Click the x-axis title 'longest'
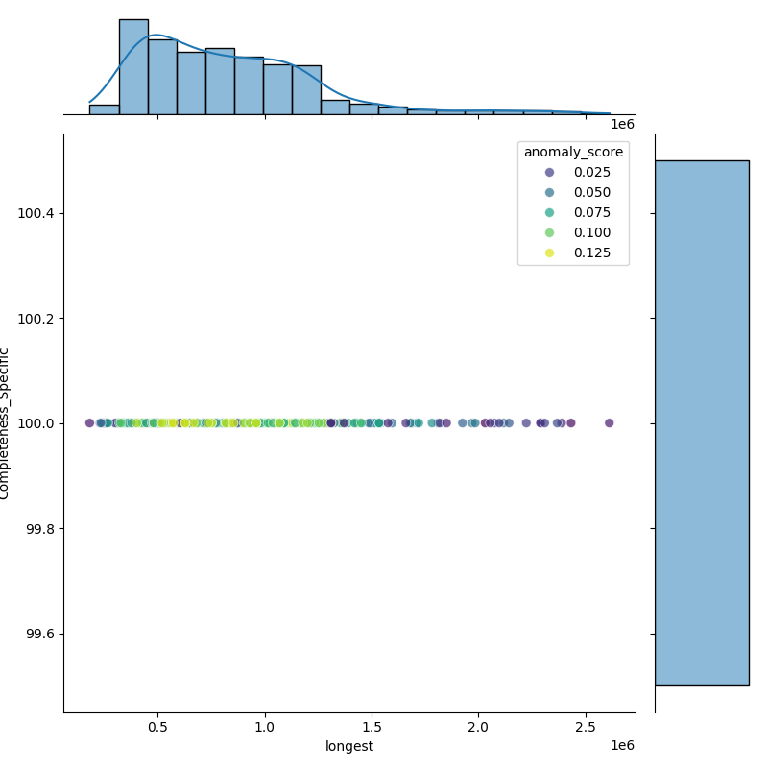349,746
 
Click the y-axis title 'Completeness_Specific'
6,423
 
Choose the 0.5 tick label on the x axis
158,728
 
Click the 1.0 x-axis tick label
265,728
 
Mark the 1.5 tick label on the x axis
372,728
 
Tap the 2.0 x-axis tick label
478,728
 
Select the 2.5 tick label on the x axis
585,728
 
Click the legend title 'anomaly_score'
573,152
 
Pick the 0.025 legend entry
571,172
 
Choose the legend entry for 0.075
571,212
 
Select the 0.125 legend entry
571,253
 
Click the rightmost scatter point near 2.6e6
609,422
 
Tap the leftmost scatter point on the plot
89,422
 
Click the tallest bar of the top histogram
133,67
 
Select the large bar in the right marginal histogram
702,422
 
